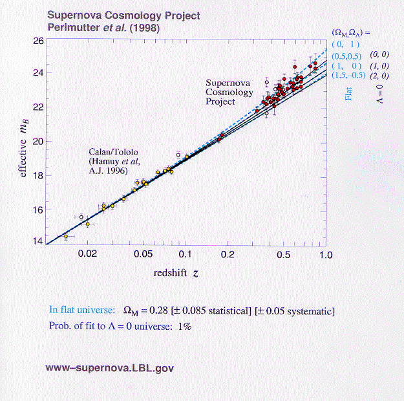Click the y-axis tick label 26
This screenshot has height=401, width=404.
click(x=37, y=41)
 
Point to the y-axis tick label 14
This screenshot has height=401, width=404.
click(x=37, y=243)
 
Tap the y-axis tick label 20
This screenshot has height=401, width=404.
click(x=37, y=142)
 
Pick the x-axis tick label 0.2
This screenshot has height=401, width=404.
click(x=228, y=255)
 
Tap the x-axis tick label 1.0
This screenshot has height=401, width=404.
click(x=324, y=255)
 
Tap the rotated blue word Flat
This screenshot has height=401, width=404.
click(x=348, y=92)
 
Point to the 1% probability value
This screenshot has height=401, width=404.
click(x=184, y=326)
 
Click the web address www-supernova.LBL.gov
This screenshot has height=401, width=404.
click(x=109, y=368)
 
